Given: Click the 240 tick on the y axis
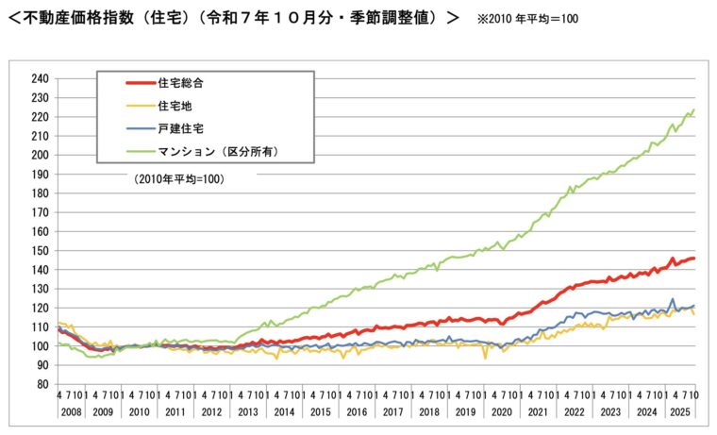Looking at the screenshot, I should (x=40, y=78).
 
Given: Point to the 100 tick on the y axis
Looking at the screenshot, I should (x=40, y=346).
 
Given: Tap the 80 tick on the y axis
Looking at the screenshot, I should (x=42, y=384).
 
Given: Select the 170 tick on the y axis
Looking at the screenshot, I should (x=40, y=212).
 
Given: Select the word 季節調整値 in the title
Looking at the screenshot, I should (x=390, y=18).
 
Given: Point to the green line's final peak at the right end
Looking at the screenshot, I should (x=693, y=110).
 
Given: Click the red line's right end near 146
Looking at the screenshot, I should (x=694, y=258).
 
